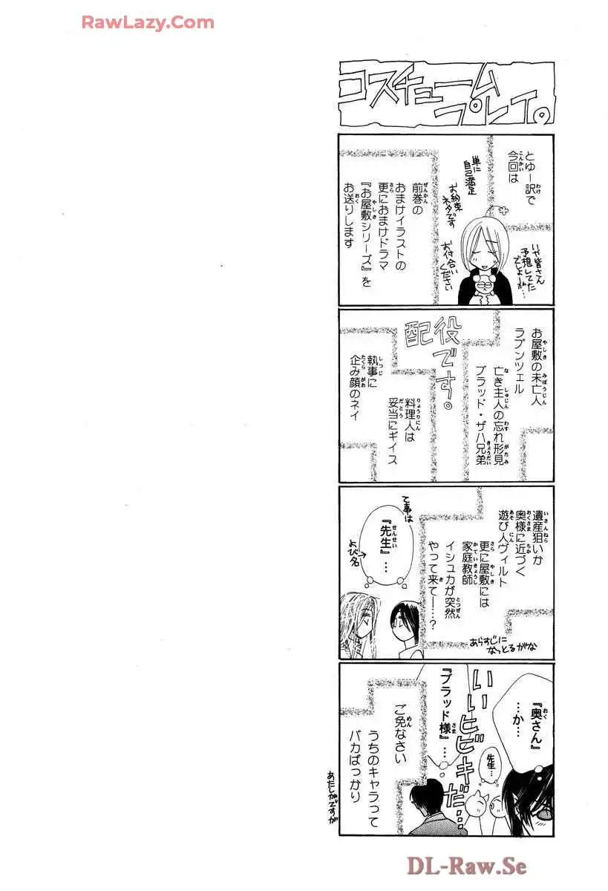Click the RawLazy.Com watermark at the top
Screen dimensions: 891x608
pyautogui.click(x=148, y=22)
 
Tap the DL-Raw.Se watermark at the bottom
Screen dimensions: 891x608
pyautogui.click(x=466, y=866)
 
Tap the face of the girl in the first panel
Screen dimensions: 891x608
pyautogui.click(x=480, y=249)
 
